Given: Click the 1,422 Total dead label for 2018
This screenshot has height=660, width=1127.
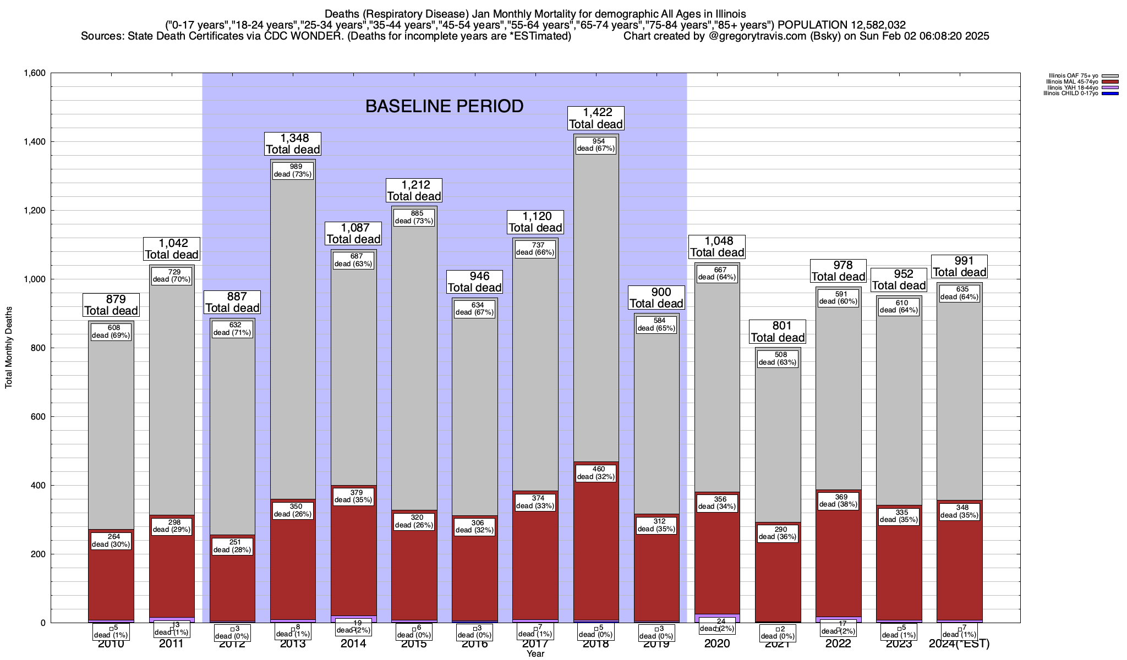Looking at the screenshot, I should (x=595, y=119).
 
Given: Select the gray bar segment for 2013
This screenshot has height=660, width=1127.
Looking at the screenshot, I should (x=293, y=341).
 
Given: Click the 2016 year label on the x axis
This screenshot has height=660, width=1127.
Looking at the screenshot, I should (x=474, y=644).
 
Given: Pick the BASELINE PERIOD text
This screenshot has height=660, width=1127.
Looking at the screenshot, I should (x=444, y=106).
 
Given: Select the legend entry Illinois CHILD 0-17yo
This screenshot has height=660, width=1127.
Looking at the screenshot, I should (x=1073, y=93).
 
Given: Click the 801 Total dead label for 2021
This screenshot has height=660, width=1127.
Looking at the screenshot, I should (x=778, y=332).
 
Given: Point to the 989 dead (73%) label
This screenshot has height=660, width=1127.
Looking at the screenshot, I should (x=293, y=170).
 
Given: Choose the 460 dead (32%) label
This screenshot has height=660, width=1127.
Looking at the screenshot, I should (x=596, y=473).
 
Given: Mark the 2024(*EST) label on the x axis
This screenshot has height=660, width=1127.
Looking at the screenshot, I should (x=959, y=644).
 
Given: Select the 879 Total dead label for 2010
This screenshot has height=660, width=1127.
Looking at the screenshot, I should (x=111, y=305).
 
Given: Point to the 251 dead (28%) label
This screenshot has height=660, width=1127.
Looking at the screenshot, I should (x=232, y=546).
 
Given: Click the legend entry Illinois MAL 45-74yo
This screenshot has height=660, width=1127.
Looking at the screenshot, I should (x=1073, y=81).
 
